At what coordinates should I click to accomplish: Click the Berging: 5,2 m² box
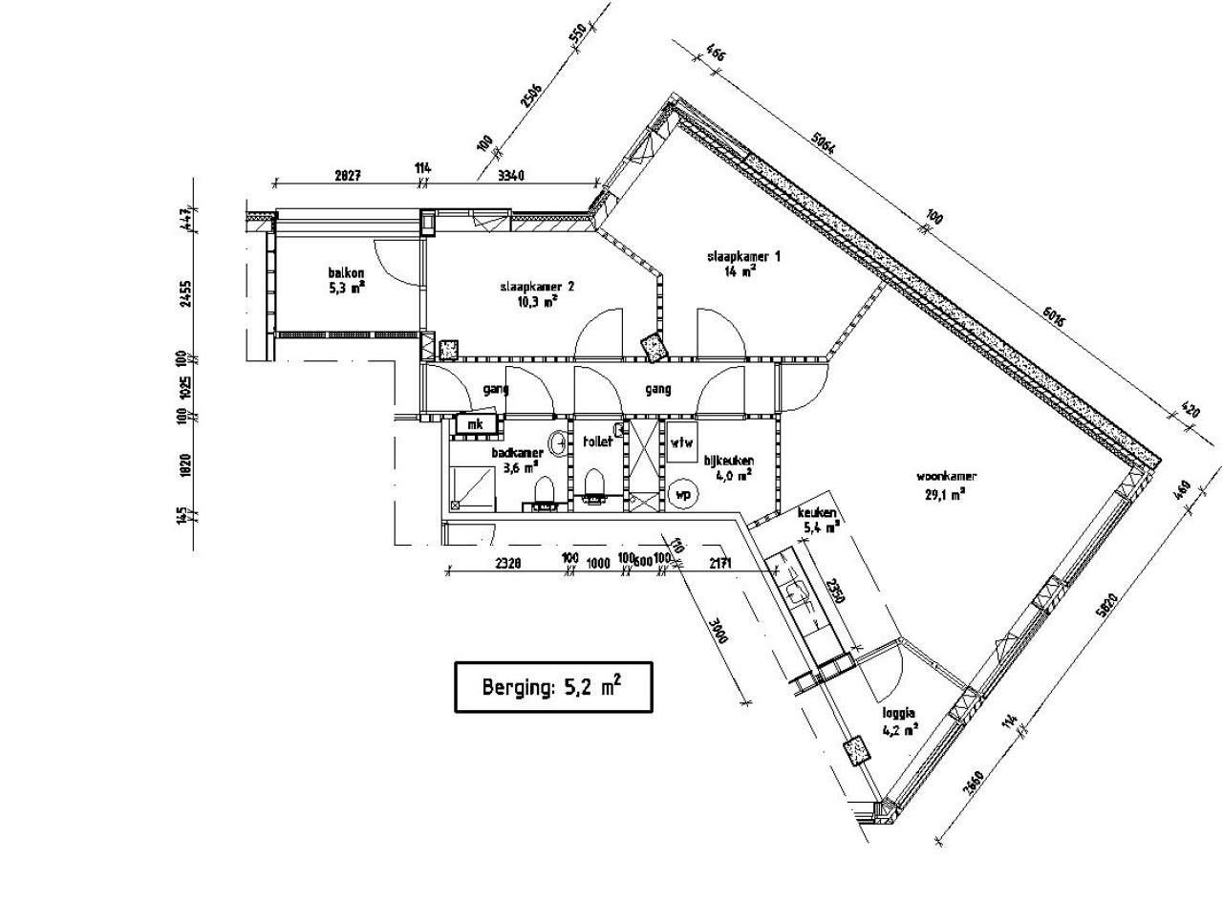(553, 687)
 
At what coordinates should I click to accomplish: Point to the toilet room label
(597, 441)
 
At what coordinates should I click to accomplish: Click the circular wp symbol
(683, 494)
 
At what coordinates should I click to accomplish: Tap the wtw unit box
(681, 442)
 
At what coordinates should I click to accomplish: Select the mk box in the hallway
(475, 423)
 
